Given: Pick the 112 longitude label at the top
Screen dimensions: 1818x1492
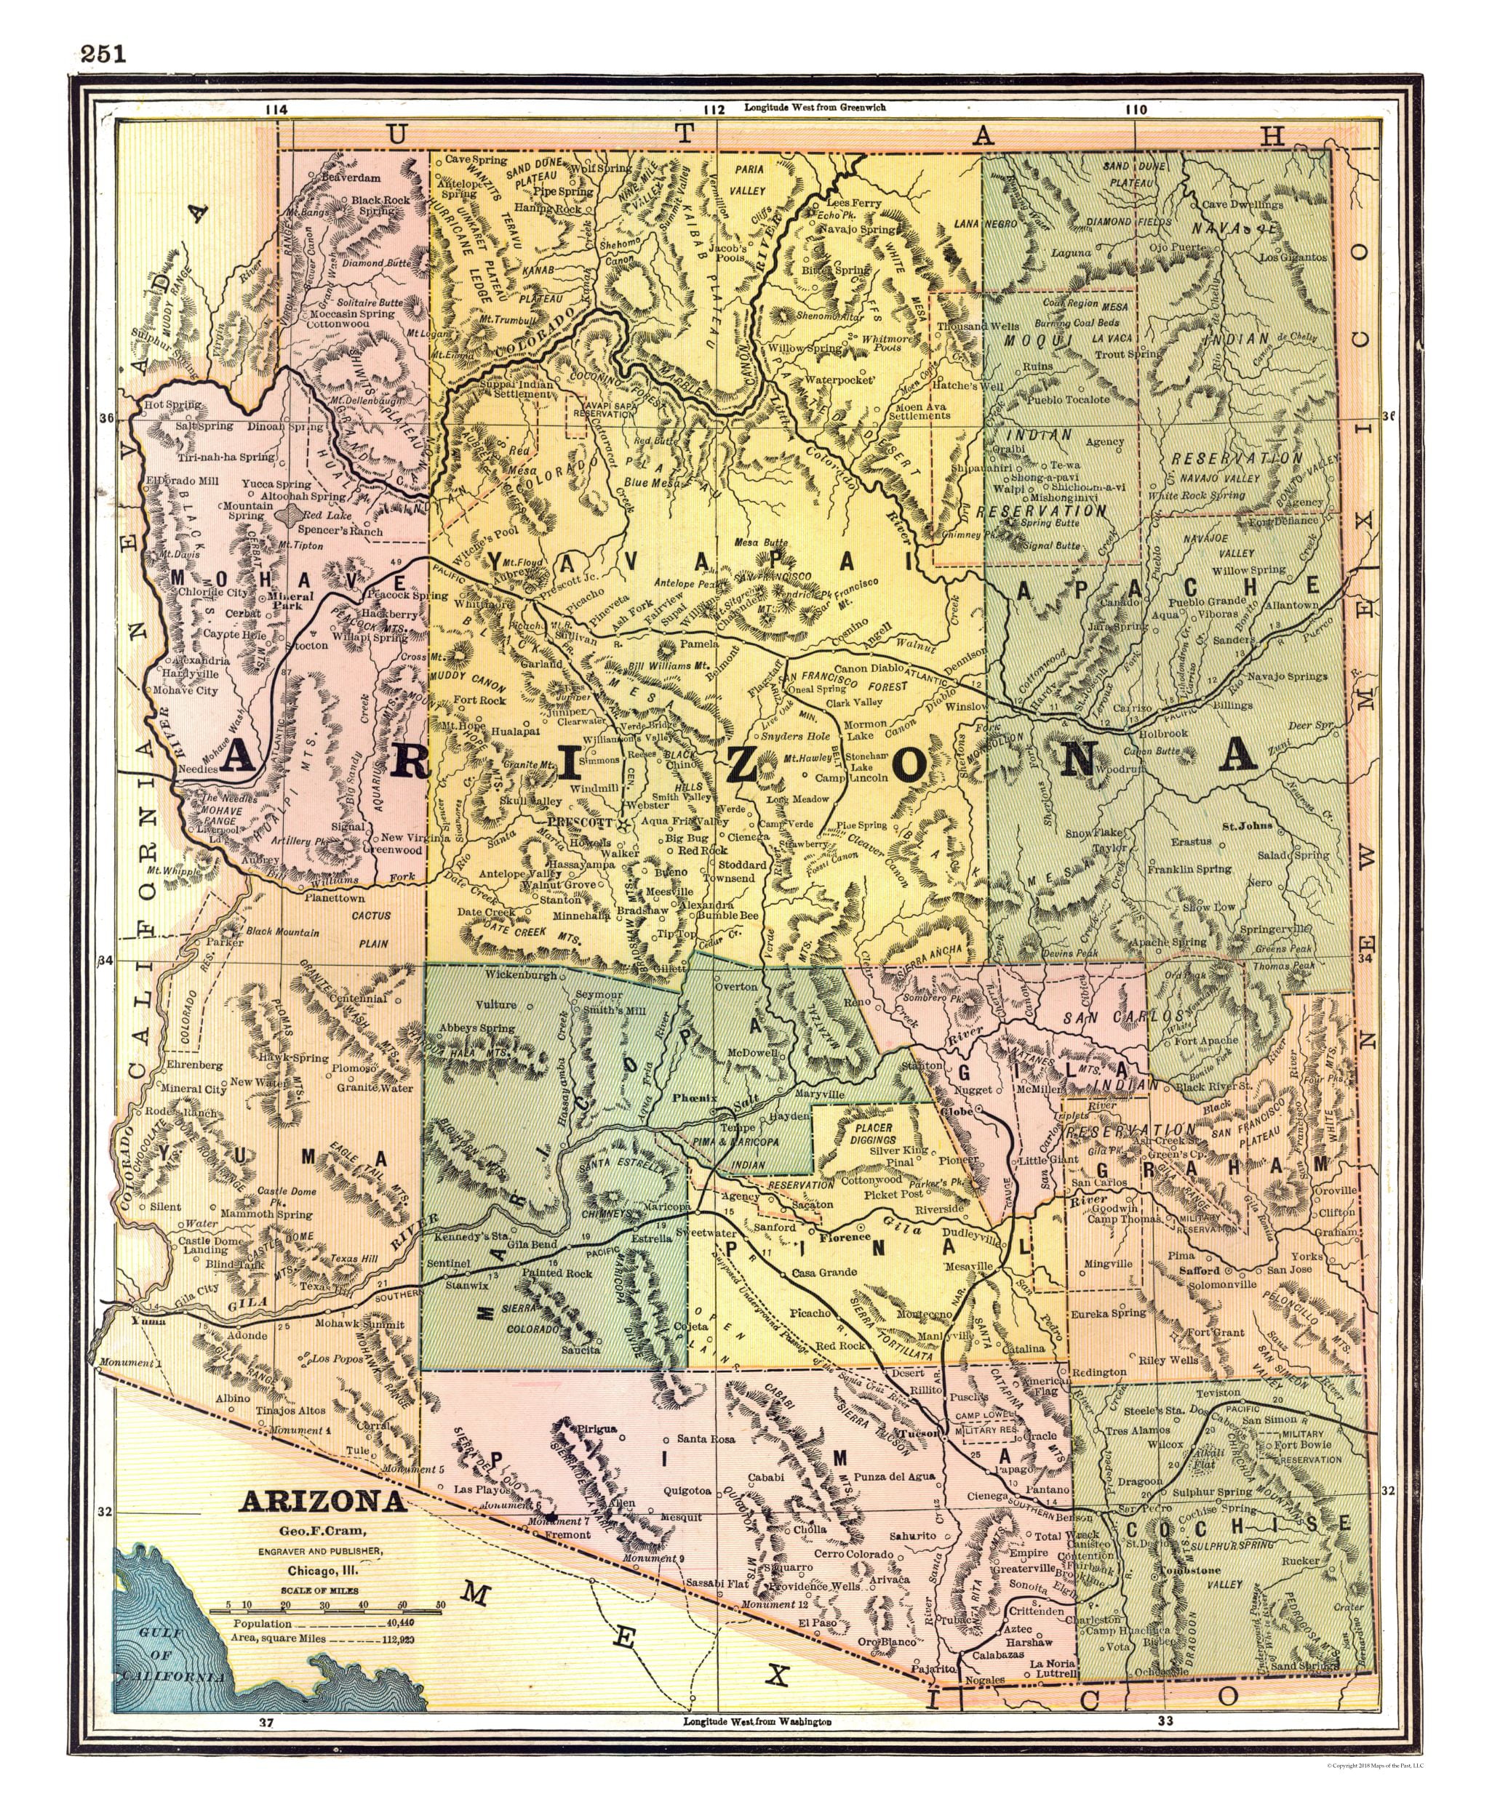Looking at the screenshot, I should click(x=714, y=110).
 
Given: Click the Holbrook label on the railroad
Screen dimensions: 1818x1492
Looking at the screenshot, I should click(x=1164, y=733).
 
